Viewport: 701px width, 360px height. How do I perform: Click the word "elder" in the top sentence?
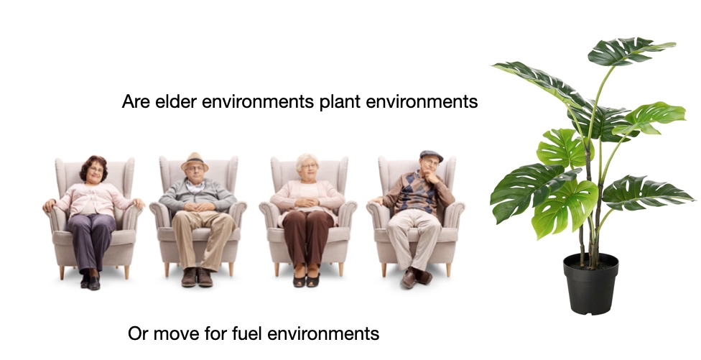(x=176, y=101)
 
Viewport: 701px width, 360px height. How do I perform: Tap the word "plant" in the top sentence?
(x=340, y=102)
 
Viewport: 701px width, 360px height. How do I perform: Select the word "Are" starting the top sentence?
(x=136, y=101)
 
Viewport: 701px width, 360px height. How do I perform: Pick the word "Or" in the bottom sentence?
(x=138, y=333)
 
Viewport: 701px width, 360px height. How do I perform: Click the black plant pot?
(x=590, y=284)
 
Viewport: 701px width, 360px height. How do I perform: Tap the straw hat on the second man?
(x=195, y=160)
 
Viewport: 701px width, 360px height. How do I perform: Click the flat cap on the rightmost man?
(x=432, y=155)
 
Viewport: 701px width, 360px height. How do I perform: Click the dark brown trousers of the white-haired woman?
(x=307, y=237)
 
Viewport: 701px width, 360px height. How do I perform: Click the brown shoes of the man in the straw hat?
(x=197, y=277)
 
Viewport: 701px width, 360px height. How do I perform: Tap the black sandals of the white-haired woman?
(x=306, y=280)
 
